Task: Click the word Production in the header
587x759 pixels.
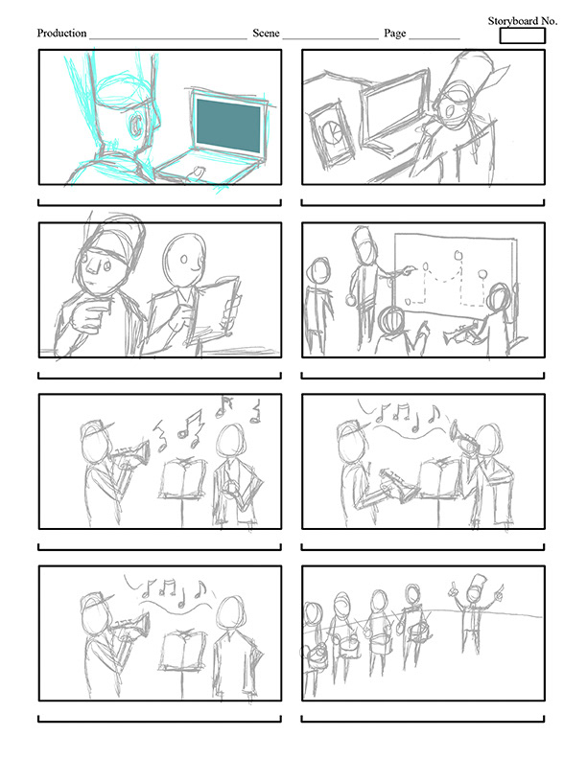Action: click(x=61, y=33)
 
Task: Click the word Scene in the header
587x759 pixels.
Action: click(x=266, y=33)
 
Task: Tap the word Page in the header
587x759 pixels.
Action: click(x=395, y=34)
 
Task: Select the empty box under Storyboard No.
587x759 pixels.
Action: click(x=522, y=35)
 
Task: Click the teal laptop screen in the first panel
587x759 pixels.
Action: click(x=228, y=126)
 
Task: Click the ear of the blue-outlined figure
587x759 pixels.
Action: click(x=136, y=125)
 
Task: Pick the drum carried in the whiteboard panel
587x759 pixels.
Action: click(x=391, y=320)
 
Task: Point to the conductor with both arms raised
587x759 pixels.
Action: click(x=475, y=609)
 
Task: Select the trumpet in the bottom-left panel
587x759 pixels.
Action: click(x=130, y=626)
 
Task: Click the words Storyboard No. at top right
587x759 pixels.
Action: click(x=522, y=21)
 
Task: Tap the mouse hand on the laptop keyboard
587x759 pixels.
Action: click(x=197, y=172)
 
